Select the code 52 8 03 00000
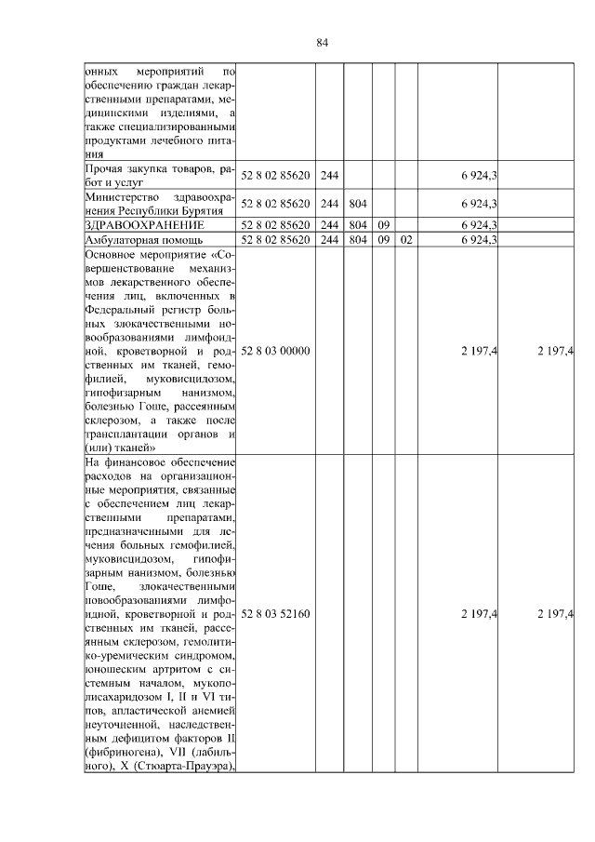[275, 350]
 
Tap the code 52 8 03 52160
[275, 614]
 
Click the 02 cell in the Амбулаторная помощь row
[405, 239]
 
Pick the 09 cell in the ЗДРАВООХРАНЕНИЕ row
[383, 224]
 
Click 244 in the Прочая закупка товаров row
[328, 175]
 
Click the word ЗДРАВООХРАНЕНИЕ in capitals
[144, 224]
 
